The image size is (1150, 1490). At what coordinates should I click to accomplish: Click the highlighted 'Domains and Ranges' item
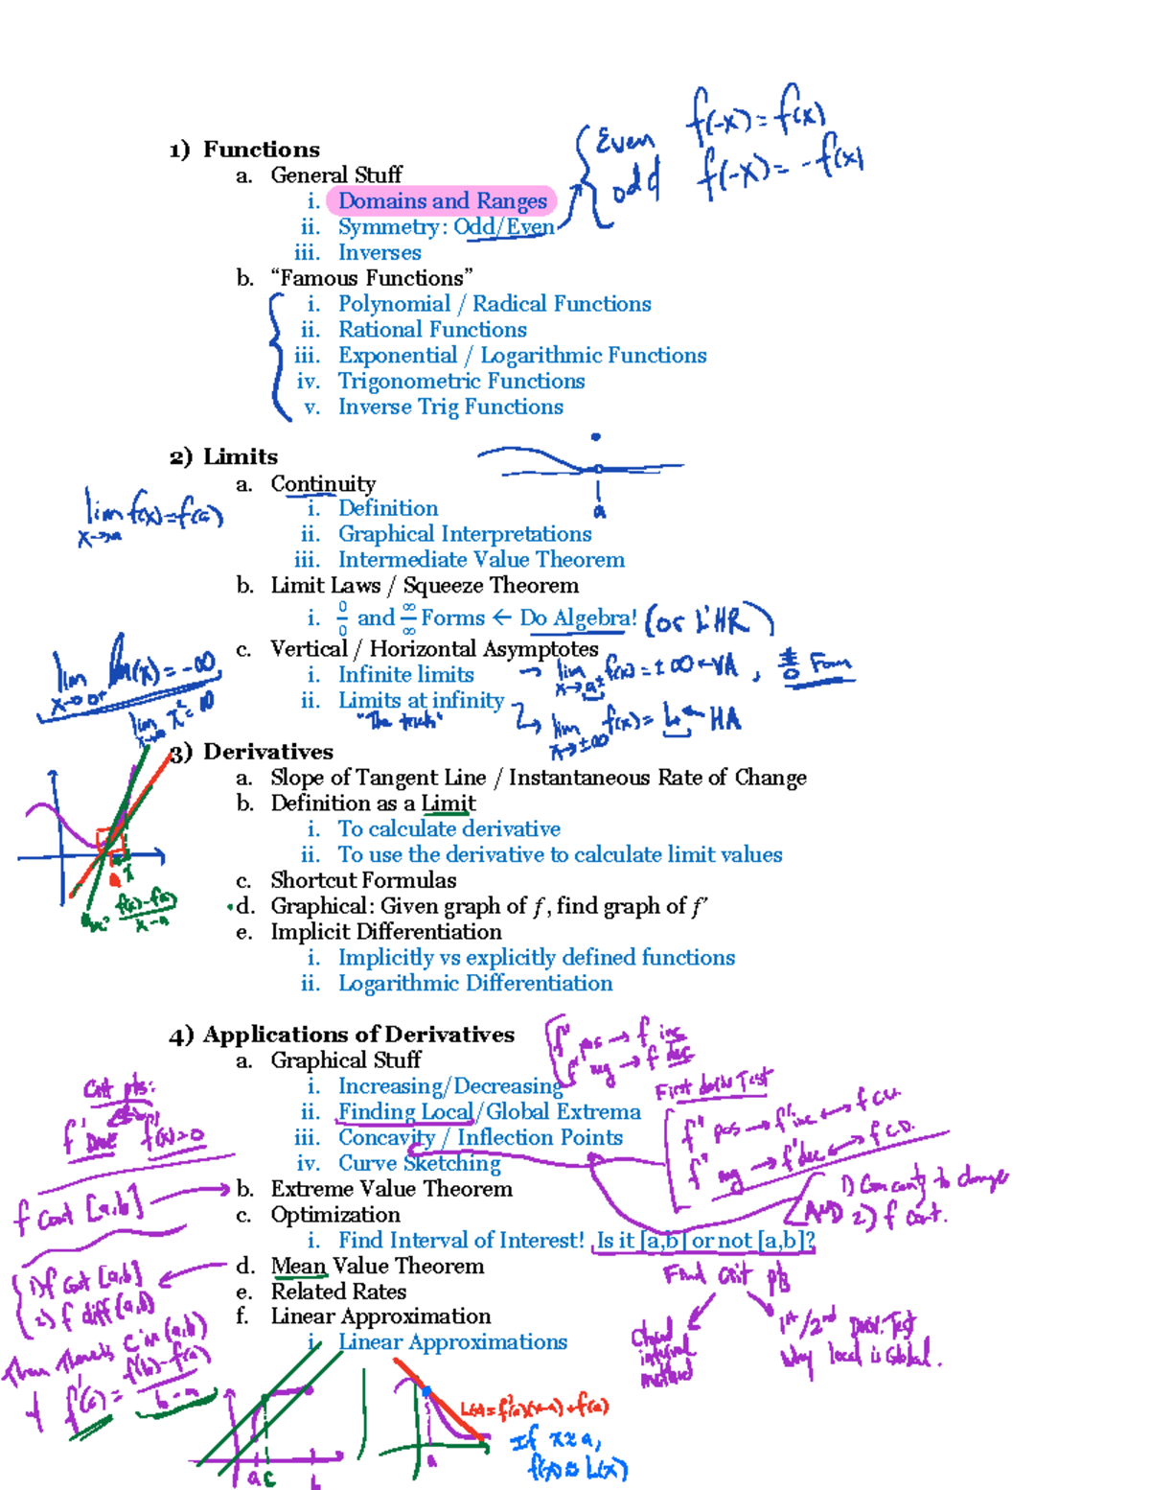point(442,201)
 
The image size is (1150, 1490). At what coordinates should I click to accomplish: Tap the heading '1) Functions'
point(244,150)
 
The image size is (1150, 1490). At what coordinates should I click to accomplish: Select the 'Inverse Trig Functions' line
point(450,407)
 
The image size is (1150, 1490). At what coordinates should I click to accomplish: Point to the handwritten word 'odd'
point(635,182)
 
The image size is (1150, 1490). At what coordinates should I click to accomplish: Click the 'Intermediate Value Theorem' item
point(481,560)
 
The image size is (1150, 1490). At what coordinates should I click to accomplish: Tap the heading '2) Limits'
point(224,457)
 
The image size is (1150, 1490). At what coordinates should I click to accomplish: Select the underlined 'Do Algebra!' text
point(578,618)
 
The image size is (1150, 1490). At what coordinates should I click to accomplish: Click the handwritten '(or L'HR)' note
point(708,620)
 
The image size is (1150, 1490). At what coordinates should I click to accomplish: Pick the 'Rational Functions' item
point(432,330)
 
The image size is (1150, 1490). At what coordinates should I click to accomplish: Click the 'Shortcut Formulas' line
point(363,880)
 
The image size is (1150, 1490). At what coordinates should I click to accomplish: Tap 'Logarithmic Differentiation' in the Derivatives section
point(475,984)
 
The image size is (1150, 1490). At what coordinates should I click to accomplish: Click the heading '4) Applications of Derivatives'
point(342,1035)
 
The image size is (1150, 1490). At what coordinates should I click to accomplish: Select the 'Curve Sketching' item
point(420,1163)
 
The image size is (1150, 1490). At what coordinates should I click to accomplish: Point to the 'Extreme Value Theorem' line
point(391,1189)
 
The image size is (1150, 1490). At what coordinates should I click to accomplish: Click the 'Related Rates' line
point(338,1292)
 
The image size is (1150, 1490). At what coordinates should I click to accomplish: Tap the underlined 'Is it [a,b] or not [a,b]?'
point(704,1241)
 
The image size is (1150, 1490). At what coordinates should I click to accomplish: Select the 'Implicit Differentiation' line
point(385,932)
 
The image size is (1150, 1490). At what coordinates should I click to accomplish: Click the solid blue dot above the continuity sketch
point(596,437)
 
